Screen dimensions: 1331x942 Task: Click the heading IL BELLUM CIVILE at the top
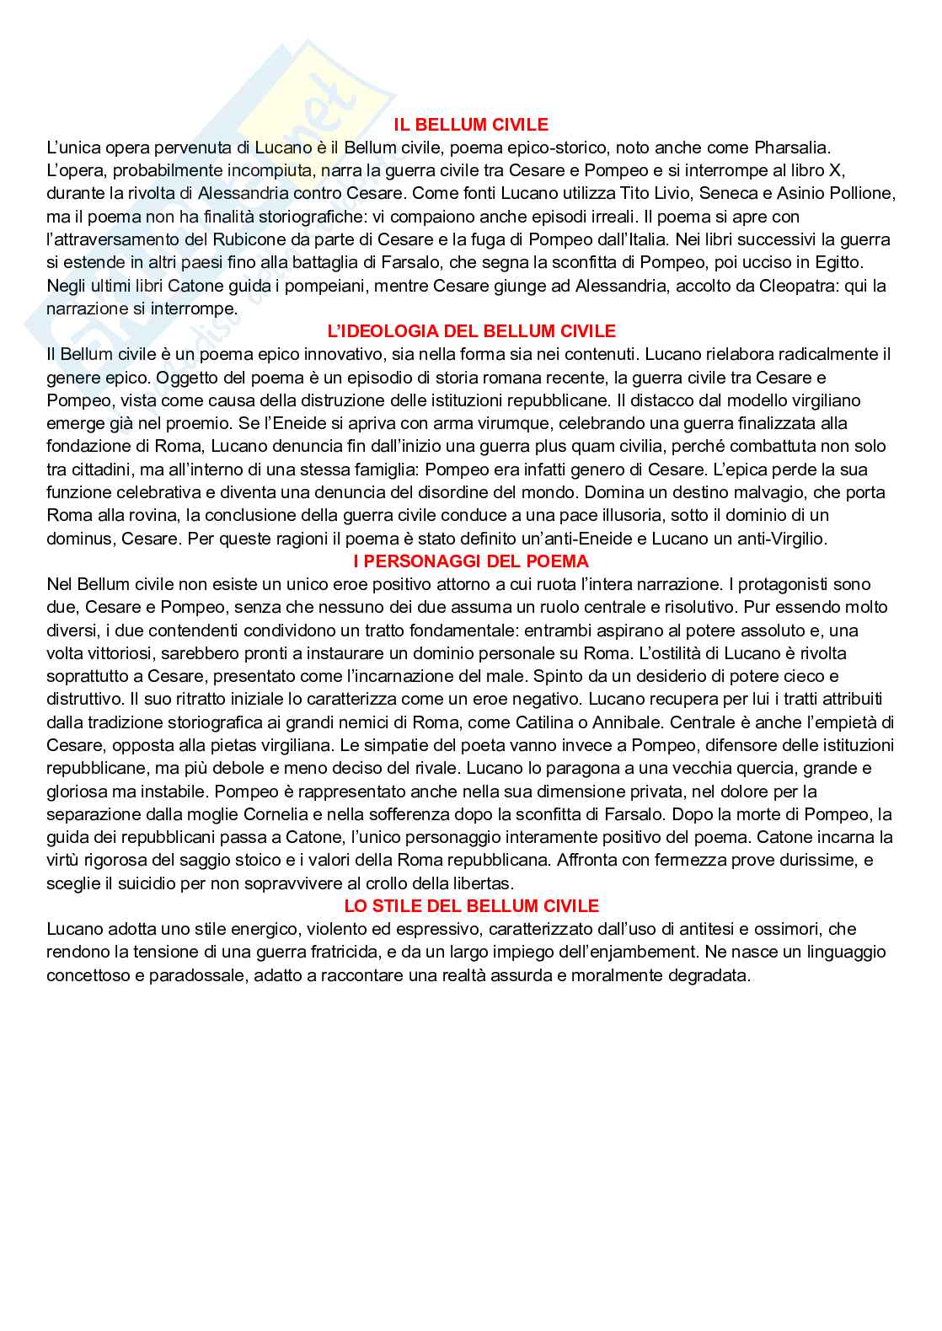pyautogui.click(x=471, y=125)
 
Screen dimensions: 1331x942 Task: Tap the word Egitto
pyautogui.click(x=838, y=263)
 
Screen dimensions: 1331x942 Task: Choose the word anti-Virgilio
pyautogui.click(x=779, y=539)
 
